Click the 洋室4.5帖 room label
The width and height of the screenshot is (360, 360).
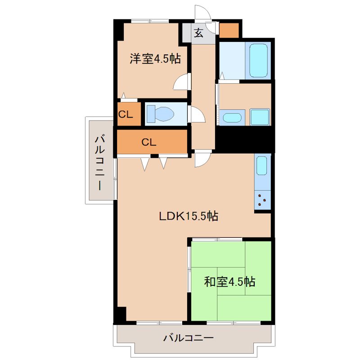(x=155, y=59)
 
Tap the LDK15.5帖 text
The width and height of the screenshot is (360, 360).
(x=189, y=216)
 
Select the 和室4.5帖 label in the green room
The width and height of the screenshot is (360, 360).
(x=230, y=282)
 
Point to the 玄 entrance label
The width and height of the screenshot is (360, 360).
(x=198, y=33)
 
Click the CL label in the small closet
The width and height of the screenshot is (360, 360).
(x=126, y=114)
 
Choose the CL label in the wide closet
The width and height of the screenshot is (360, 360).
(x=149, y=142)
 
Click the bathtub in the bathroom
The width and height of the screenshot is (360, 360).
(x=259, y=60)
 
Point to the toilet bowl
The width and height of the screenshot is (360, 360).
(x=160, y=113)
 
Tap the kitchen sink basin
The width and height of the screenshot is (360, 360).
(x=262, y=167)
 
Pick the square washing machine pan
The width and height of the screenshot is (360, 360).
(x=260, y=117)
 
